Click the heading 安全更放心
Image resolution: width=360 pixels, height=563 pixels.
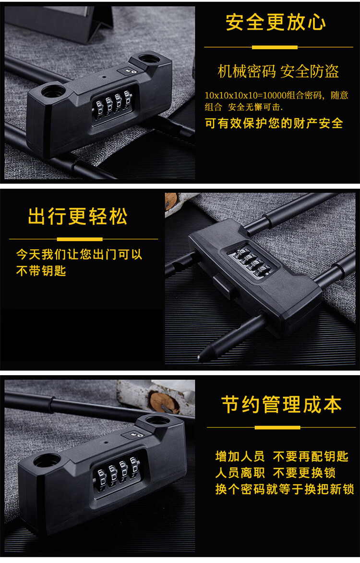coord(276,22)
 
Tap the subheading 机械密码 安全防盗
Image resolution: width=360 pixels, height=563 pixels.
coord(278,71)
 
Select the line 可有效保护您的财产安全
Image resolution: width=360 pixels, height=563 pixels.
coord(274,123)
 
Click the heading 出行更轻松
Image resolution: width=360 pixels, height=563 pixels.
coord(78,216)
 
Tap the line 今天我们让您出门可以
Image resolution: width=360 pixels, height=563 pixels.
coord(79,254)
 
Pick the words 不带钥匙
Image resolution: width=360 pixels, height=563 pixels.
coord(41,270)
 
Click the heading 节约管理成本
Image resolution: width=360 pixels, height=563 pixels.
coord(281,404)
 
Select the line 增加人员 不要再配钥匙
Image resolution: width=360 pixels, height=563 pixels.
coord(282,456)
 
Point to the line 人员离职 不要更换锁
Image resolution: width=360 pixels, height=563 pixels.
coord(276,473)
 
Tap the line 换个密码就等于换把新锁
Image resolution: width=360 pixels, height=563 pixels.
coord(285,489)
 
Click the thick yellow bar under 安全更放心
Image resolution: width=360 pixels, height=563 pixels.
coord(275,47)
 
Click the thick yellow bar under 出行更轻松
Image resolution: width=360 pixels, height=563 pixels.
coord(80,239)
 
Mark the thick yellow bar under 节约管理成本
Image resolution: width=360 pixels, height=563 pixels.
coord(277,427)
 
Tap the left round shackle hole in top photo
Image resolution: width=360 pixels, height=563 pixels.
coord(53,90)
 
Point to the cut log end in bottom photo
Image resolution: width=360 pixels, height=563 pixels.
coord(164,403)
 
